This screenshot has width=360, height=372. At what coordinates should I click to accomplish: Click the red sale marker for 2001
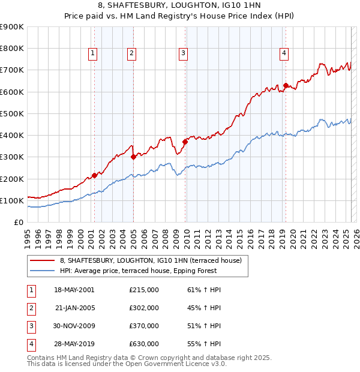[94, 175]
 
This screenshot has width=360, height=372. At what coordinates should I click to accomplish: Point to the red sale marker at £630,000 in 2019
[286, 85]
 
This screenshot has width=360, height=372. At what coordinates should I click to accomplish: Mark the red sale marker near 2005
[133, 157]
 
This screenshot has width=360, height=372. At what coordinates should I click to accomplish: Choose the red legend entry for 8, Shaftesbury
[151, 260]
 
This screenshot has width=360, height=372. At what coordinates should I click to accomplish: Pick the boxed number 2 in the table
[31, 308]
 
